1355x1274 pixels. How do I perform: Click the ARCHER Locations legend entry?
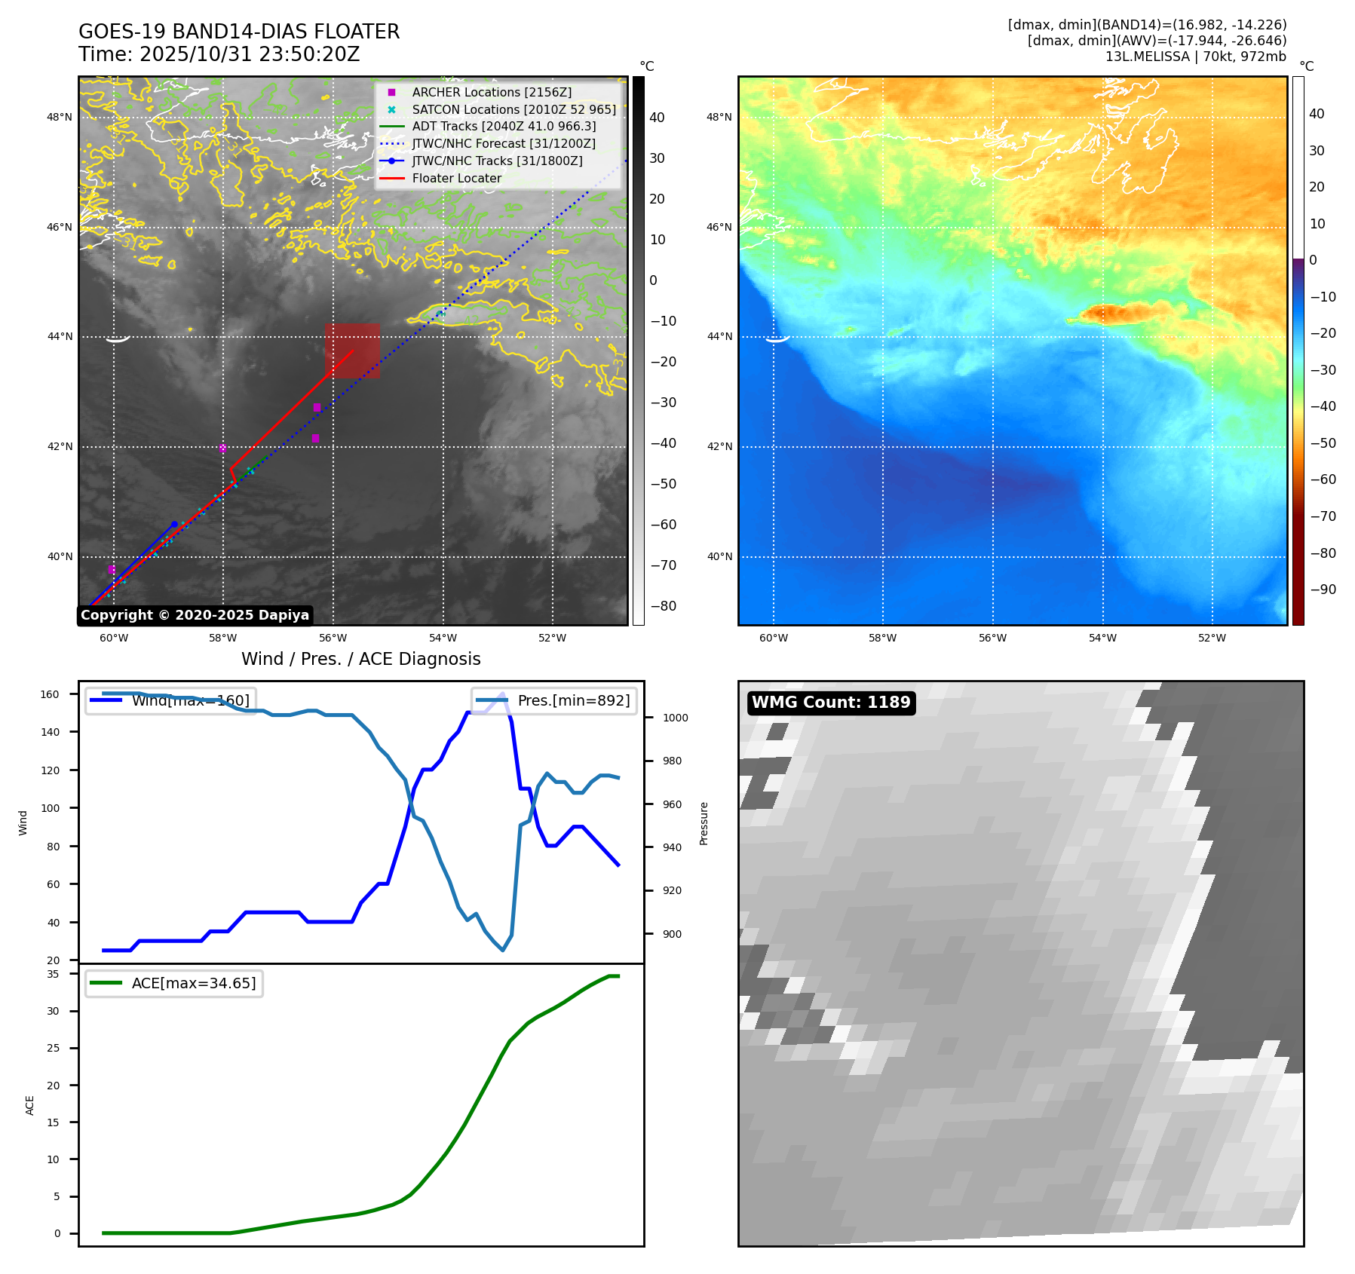(x=492, y=92)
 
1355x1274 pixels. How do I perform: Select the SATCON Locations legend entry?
(x=513, y=109)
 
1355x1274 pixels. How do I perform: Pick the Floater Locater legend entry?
(x=456, y=178)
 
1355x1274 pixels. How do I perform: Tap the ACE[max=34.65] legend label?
(x=194, y=983)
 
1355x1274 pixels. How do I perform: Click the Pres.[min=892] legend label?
(x=573, y=700)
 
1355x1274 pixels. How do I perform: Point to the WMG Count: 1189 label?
(x=831, y=703)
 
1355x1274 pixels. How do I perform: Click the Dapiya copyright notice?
(x=195, y=615)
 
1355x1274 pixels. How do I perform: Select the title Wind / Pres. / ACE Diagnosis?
(x=360, y=659)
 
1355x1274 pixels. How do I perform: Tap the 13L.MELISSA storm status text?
(x=1195, y=57)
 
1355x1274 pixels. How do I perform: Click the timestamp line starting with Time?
(x=219, y=54)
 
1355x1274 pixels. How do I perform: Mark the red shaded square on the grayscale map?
(x=352, y=351)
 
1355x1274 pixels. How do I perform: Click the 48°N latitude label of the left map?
(x=60, y=117)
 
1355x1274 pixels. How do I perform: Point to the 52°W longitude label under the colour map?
(x=1212, y=638)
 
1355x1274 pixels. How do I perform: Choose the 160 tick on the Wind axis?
(x=50, y=694)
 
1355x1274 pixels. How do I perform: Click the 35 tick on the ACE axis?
(x=53, y=974)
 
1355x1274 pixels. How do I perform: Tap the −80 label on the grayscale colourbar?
(x=664, y=606)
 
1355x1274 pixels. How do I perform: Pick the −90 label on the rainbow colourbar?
(x=1323, y=590)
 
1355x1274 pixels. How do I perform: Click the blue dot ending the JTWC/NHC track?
(x=174, y=524)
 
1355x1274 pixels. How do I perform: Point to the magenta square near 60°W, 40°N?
(x=112, y=570)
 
